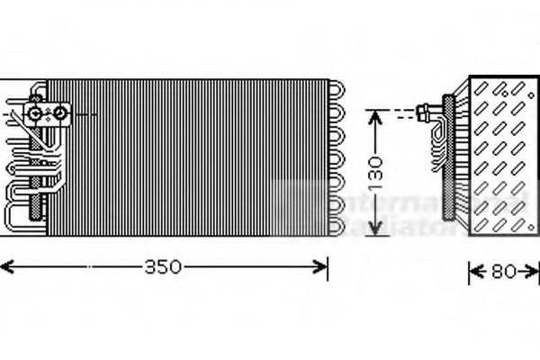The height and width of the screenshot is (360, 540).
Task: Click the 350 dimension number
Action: point(164,266)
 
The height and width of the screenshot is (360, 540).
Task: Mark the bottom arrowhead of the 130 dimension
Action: point(379,229)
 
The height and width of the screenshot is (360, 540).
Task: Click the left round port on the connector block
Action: point(35,113)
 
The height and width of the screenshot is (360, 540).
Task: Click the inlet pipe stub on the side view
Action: point(422,112)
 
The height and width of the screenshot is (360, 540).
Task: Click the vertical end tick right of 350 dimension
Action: point(328,266)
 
